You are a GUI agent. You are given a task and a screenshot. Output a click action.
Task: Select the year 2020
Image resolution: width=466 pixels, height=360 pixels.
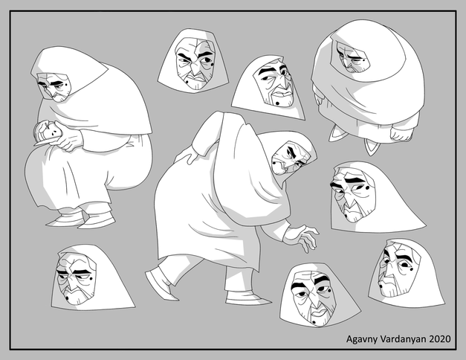[440, 338]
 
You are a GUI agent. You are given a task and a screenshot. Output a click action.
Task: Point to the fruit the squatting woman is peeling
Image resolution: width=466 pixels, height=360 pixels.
[45, 131]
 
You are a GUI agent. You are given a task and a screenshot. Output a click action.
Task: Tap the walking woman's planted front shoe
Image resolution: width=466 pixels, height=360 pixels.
[247, 298]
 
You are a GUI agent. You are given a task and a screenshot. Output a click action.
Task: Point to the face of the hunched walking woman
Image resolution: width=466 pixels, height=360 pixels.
[289, 158]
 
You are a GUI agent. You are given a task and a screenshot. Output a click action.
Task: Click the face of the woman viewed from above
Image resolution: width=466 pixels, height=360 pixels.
[353, 58]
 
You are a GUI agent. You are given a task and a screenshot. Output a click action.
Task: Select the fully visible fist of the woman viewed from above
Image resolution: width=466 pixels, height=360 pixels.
[401, 133]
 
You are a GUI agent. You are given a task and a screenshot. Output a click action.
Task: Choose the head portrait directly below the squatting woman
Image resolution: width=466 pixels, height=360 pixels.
[92, 278]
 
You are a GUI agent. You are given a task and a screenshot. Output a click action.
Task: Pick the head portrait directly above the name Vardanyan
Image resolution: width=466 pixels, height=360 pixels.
[407, 272]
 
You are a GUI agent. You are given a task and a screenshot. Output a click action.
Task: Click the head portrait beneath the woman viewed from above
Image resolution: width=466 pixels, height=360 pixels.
[378, 197]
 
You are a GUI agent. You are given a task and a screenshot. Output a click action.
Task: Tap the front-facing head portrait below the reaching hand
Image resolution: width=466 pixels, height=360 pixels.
[320, 295]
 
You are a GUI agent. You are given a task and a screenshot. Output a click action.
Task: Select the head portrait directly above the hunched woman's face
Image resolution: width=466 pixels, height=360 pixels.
[268, 87]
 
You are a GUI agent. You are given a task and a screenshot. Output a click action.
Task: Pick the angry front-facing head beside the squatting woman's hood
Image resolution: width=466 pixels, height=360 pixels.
[193, 61]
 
